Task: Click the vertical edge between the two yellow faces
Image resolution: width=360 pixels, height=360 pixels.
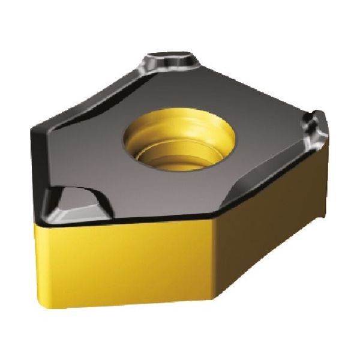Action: [217, 264]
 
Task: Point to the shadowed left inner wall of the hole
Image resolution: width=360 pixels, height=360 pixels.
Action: [133, 141]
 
